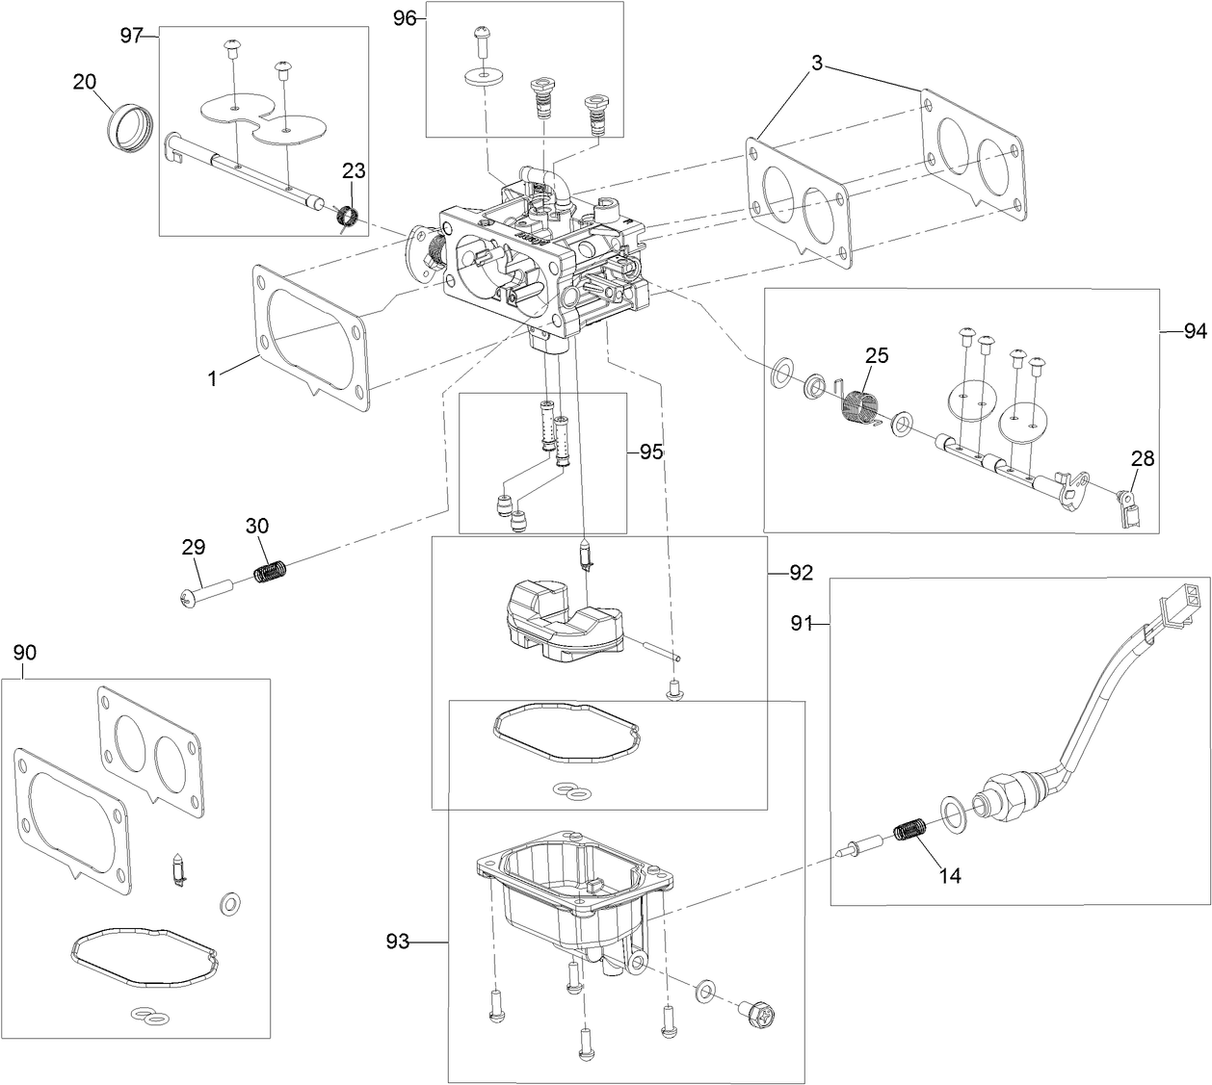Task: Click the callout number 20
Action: click(x=85, y=82)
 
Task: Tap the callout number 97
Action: click(x=132, y=36)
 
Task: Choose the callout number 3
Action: click(x=816, y=65)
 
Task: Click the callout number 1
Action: click(x=214, y=378)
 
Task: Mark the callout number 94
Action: click(x=1195, y=331)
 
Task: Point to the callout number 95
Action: click(x=651, y=452)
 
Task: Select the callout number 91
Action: click(x=803, y=623)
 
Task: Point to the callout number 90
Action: click(x=25, y=653)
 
